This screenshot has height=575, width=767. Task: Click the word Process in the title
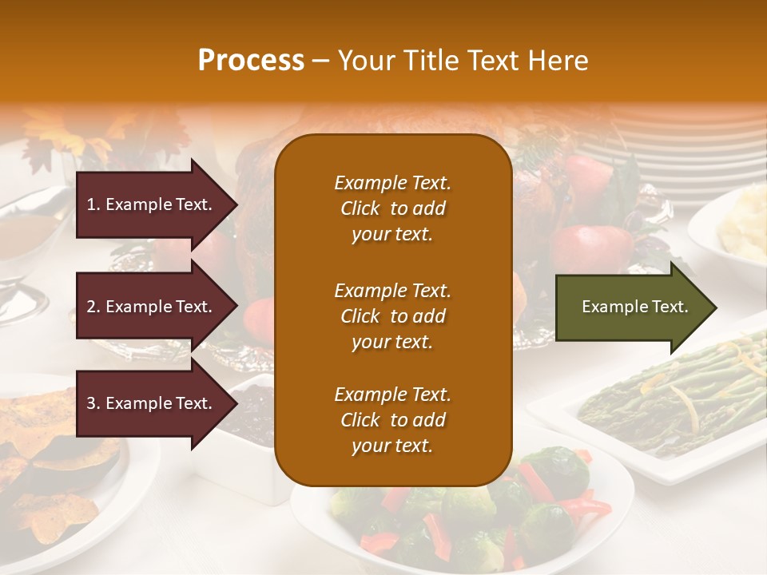pos(251,61)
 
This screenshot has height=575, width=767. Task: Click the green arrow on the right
pos(631,307)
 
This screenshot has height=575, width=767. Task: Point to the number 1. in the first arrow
pos(93,205)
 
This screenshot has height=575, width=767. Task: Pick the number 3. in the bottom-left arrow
pos(93,404)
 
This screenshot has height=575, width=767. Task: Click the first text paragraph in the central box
pos(392,208)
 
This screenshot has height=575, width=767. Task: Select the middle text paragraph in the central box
pos(392,316)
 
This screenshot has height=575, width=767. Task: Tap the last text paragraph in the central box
pos(392,420)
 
